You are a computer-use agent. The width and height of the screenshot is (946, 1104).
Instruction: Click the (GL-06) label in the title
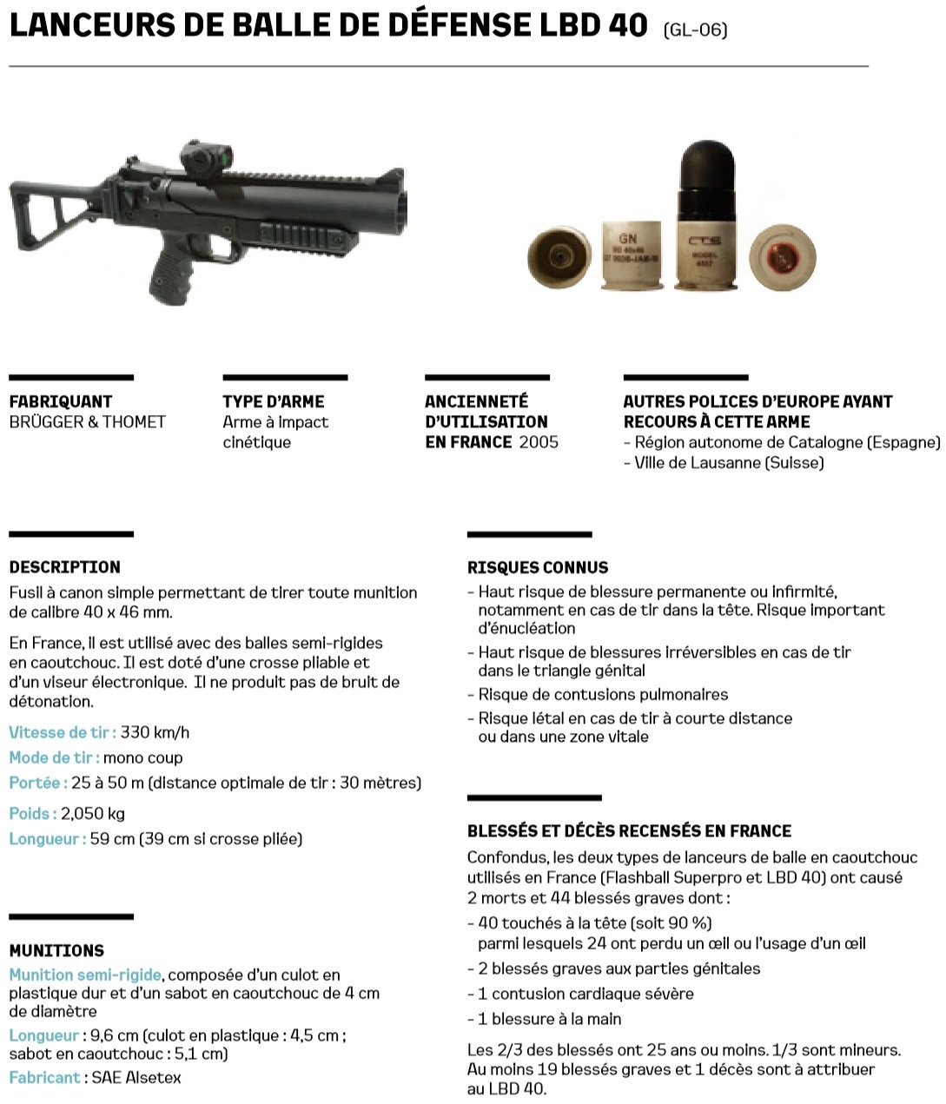pos(695,30)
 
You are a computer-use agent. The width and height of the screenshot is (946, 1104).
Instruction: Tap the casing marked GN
pos(632,255)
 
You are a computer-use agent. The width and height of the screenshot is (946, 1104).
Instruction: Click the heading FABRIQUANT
pos(61,401)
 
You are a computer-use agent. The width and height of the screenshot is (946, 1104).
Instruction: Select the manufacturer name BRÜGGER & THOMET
pos(87,422)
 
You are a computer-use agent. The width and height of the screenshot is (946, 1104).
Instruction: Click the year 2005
pos(539,442)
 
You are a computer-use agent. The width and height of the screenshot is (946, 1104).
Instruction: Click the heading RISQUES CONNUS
pos(538,568)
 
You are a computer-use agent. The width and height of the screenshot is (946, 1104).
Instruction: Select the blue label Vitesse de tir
pos(63,732)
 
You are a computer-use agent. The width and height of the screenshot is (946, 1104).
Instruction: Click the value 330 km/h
pos(155,732)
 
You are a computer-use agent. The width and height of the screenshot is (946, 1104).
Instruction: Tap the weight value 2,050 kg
pos(93,814)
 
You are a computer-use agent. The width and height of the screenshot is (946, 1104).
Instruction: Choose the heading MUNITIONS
pos(56,951)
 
